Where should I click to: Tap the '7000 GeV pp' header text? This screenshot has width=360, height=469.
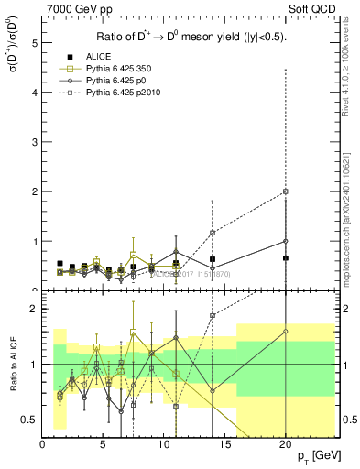pos(75,9)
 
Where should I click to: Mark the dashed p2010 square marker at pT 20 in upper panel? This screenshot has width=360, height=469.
pos(286,191)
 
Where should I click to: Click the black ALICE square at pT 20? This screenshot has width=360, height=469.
pos(286,258)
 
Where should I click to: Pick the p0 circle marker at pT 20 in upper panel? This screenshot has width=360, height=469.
pos(286,241)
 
